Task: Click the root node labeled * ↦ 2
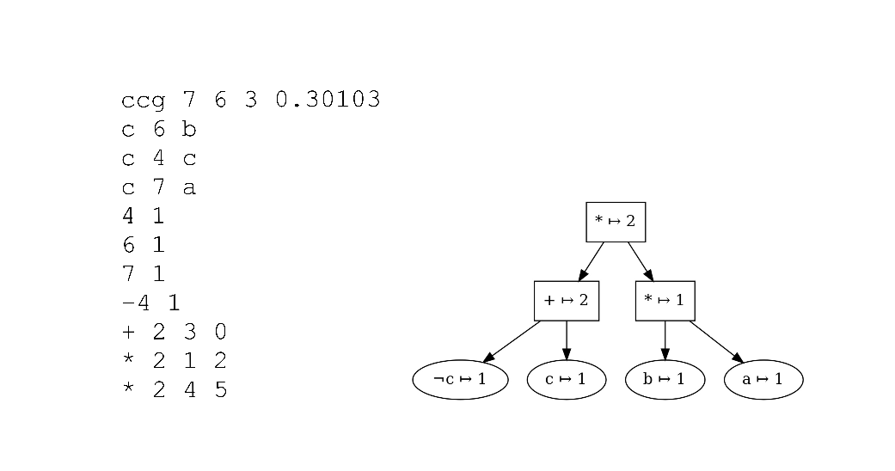point(615,222)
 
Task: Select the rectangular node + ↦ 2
point(566,301)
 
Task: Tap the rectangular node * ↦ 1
point(665,301)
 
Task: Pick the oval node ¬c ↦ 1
point(460,380)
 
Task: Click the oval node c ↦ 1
point(566,380)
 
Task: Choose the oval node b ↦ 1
point(665,380)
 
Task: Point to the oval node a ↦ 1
point(763,380)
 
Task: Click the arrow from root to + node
point(591,261)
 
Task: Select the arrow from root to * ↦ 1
point(641,261)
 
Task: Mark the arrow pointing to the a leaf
point(715,341)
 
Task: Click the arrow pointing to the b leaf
point(665,340)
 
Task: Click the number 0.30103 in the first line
point(328,101)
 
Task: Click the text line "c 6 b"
point(159,130)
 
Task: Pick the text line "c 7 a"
point(159,187)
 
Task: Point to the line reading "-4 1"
point(151,303)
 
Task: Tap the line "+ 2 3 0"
point(175,332)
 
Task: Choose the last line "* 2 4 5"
point(175,389)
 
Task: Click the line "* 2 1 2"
point(175,360)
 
